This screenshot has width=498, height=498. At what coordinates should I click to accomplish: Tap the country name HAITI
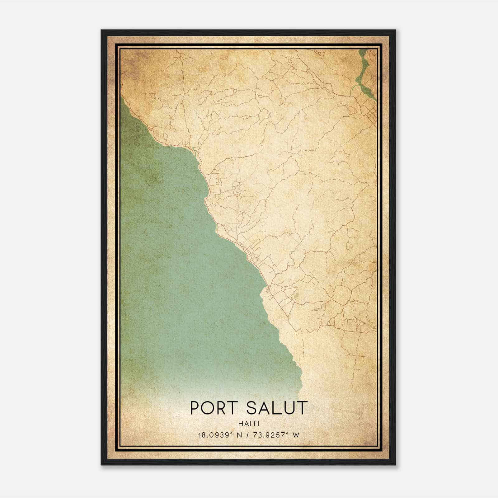249,424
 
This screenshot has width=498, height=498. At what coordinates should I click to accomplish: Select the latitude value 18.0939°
215,435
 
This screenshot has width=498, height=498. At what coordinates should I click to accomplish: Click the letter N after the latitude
239,435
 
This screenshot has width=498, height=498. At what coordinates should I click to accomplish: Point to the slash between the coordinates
248,435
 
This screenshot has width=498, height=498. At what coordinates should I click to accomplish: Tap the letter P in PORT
195,408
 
